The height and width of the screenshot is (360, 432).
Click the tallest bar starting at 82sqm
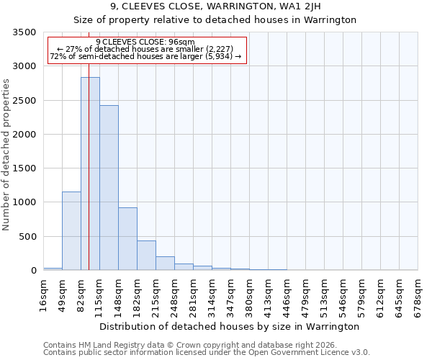[90, 174]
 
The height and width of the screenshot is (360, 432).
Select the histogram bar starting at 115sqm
[109, 188]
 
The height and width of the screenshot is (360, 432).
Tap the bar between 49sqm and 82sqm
[71, 230]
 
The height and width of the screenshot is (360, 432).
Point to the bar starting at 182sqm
[146, 256]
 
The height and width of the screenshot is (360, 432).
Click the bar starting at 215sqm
[165, 264]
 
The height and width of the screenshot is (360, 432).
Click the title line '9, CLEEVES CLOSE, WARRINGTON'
[215, 6]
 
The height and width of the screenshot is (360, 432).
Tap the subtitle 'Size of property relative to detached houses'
[215, 19]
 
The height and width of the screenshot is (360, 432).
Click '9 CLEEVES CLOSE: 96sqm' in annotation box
[145, 42]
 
